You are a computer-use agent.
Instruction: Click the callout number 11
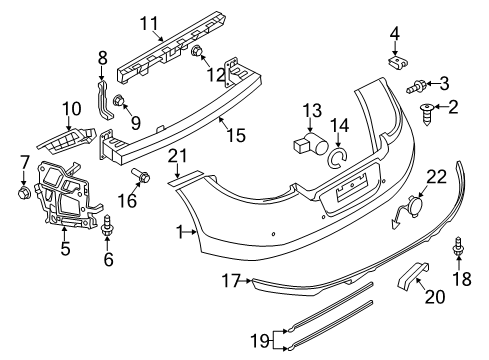tap(149, 24)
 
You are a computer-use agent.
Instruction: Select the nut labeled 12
tap(196, 51)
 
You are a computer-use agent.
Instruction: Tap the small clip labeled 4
tap(399, 64)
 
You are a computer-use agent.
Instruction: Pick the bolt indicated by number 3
tap(416, 87)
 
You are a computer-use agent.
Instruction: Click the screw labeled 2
tap(427, 114)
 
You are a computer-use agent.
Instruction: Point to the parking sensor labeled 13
tap(311, 143)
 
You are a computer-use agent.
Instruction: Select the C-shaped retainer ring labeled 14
tap(338, 157)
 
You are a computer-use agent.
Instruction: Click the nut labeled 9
tap(119, 100)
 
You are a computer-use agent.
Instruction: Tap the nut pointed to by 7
tap(23, 193)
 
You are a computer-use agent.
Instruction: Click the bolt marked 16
tap(141, 176)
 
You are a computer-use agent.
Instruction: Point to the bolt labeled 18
tap(458, 247)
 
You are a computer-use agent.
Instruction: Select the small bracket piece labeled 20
tap(413, 275)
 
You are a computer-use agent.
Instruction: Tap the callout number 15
tap(236, 135)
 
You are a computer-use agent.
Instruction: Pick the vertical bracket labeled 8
tap(104, 100)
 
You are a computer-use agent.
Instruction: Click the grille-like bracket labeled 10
tap(66, 140)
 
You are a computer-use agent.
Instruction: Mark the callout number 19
tap(260, 341)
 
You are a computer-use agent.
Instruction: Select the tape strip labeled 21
tap(185, 178)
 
